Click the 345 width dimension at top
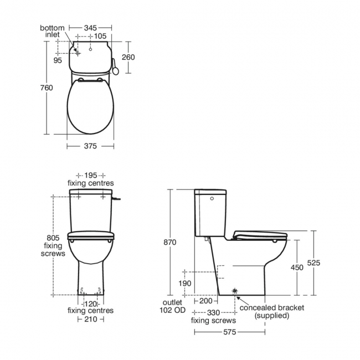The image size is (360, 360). pyautogui.click(x=90, y=27)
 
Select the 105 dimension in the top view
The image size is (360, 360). pyautogui.click(x=100, y=37)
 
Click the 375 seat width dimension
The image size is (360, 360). pyautogui.click(x=90, y=146)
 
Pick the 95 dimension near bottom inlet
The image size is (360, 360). pyautogui.click(x=58, y=60)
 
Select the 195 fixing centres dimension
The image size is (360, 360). pyautogui.click(x=91, y=175)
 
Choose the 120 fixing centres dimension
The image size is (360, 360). pyautogui.click(x=91, y=304)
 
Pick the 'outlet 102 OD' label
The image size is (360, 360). pyautogui.click(x=172, y=307)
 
